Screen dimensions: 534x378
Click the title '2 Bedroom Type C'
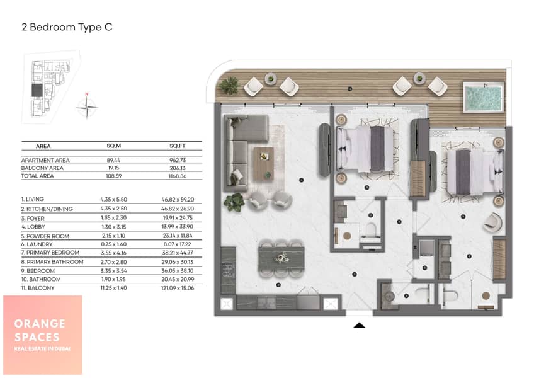[x=67, y=27]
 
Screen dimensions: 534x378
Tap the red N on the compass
[x=87, y=94]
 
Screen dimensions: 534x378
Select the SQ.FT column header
[x=178, y=146]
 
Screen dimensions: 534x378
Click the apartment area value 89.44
[x=113, y=160]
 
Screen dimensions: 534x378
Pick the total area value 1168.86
[x=178, y=176]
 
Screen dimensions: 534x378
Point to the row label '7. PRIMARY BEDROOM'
[x=50, y=253]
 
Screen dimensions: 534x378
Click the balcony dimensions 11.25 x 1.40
[x=113, y=288]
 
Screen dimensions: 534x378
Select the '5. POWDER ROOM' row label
[x=45, y=236]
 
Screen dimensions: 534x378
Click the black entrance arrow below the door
[x=360, y=325]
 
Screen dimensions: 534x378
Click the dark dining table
[x=281, y=259]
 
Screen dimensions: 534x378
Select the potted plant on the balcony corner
[x=229, y=85]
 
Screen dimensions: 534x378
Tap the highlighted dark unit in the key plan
[x=37, y=90]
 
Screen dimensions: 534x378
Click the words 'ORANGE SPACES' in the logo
[x=40, y=330]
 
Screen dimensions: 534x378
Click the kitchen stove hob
[x=228, y=270]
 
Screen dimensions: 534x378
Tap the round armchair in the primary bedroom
[x=492, y=222]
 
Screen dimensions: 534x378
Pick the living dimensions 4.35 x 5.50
[x=113, y=200]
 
